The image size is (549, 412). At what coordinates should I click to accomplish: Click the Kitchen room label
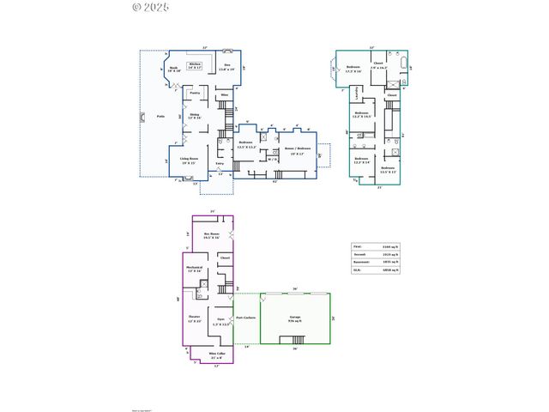195,64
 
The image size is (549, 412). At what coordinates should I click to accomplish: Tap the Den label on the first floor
227,64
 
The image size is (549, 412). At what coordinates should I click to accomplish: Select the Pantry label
195,92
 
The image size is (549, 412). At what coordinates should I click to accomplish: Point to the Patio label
160,115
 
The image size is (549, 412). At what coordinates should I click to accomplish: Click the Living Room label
190,159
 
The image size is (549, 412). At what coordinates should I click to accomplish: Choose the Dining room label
195,114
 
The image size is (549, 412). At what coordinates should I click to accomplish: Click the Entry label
220,163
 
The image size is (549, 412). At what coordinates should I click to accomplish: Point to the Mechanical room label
193,267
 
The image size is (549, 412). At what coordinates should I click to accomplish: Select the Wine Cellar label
218,354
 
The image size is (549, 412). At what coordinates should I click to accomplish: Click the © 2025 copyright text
151,7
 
